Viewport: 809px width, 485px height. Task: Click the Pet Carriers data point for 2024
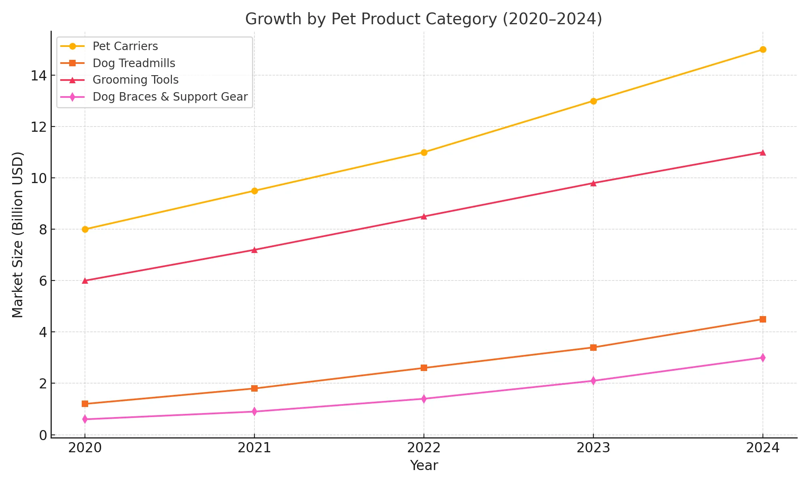click(762, 50)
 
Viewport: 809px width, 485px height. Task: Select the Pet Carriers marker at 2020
click(85, 229)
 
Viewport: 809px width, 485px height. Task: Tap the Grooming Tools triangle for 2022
click(424, 217)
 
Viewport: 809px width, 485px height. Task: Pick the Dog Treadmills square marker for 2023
click(593, 348)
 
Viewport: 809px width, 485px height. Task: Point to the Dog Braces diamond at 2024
click(762, 358)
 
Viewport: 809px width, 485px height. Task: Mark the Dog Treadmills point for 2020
click(85, 404)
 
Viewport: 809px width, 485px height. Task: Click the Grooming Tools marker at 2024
click(762, 153)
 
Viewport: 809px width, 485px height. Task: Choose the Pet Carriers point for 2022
click(424, 152)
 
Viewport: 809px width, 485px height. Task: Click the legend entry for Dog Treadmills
click(133, 63)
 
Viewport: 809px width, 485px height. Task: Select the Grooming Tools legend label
click(136, 80)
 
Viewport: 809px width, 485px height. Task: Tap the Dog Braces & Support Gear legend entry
click(170, 97)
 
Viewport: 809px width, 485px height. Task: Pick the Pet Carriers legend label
click(125, 46)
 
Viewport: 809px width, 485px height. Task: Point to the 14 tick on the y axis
click(38, 76)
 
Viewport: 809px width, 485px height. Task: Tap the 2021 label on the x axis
click(254, 448)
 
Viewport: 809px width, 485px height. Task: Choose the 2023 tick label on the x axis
click(593, 448)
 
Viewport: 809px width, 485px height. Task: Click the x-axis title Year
click(424, 466)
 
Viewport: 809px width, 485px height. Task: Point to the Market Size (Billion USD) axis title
click(18, 234)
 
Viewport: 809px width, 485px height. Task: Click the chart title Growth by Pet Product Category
click(424, 19)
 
